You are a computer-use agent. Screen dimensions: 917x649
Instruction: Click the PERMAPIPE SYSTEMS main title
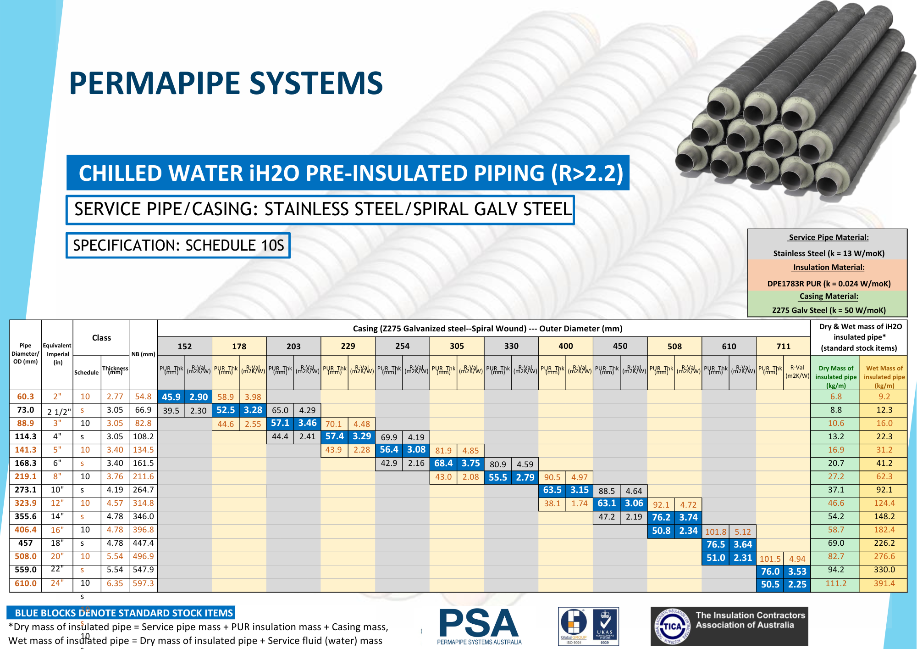pyautogui.click(x=226, y=83)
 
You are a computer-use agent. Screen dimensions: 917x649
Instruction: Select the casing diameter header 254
pyautogui.click(x=402, y=346)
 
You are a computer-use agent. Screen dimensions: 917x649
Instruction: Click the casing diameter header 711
pyautogui.click(x=783, y=346)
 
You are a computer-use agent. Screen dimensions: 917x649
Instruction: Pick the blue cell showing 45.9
pyautogui.click(x=171, y=397)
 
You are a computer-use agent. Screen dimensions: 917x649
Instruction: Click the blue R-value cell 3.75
pyautogui.click(x=470, y=464)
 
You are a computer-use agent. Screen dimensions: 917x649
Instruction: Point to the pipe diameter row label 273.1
pyautogui.click(x=25, y=490)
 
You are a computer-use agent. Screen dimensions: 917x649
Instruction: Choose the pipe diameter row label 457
pyautogui.click(x=25, y=543)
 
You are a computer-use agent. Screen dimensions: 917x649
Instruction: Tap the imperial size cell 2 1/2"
pyautogui.click(x=59, y=411)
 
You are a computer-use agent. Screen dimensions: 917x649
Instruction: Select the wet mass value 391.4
pyautogui.click(x=884, y=583)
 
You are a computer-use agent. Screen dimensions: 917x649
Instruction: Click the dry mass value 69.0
pyautogui.click(x=836, y=543)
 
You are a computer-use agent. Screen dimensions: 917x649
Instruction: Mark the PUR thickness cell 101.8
pyautogui.click(x=715, y=532)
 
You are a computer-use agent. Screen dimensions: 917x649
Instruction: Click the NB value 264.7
pyautogui.click(x=143, y=490)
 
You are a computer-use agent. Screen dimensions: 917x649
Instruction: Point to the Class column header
pyautogui.click(x=101, y=338)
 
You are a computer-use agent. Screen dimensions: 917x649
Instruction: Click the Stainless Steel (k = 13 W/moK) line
pyautogui.click(x=829, y=253)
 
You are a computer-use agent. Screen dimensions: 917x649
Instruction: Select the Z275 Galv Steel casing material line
pyautogui.click(x=829, y=310)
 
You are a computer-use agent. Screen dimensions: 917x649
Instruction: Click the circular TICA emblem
pyautogui.click(x=672, y=626)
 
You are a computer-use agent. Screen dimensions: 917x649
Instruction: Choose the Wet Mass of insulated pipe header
pyautogui.click(x=884, y=376)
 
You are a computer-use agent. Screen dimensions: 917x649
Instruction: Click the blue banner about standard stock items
pyautogui.click(x=121, y=613)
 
